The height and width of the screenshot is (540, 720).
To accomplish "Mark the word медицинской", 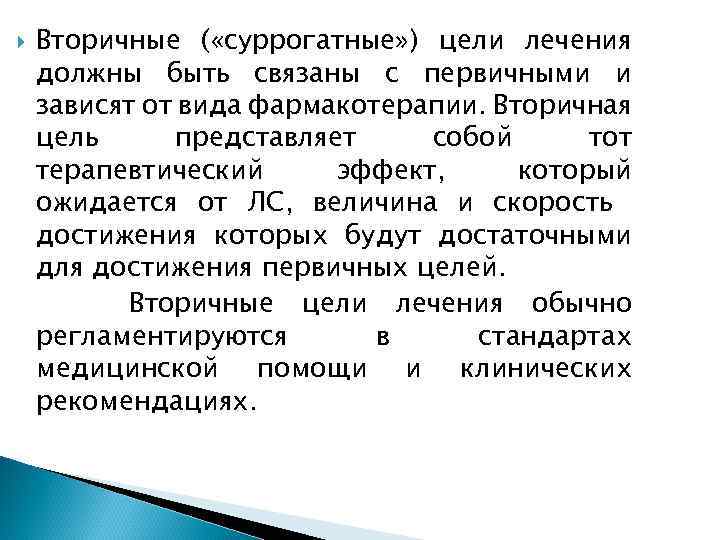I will (x=126, y=369).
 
